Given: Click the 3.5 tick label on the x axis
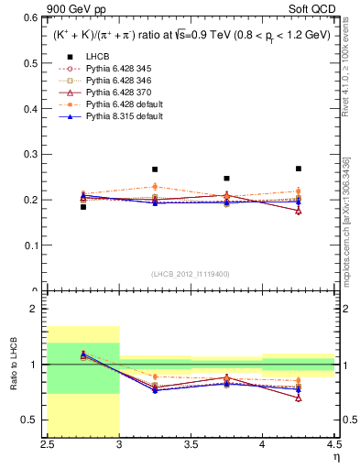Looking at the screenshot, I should tap(191, 444).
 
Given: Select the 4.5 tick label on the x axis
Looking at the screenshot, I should tap(333, 444).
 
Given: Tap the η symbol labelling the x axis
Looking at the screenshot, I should tap(336, 456).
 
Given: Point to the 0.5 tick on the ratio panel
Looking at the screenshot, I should tap(32, 420).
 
